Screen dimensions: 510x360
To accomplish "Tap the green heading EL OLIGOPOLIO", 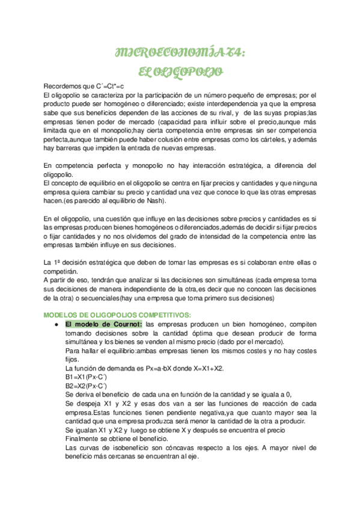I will (x=180, y=73).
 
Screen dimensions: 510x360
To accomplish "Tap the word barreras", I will (x=67, y=149).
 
